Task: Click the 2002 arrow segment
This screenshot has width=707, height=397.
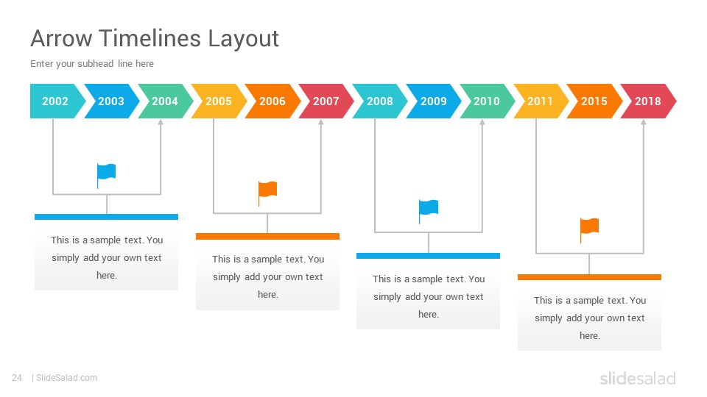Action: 55,101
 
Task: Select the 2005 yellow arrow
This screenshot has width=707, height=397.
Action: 219,101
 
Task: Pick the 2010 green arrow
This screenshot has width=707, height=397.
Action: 487,101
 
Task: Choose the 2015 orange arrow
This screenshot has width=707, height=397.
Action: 594,101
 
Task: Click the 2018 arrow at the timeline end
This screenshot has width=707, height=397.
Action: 648,101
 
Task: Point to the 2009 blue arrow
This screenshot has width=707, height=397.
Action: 433,101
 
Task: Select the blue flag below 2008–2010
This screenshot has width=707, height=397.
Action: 429,212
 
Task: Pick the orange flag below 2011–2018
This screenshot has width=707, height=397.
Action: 589,230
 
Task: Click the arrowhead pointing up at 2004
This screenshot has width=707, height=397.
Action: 161,122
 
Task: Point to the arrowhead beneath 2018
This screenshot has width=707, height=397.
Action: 644,122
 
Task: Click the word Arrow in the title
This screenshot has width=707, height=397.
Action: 61,38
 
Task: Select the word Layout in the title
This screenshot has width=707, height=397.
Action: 244,39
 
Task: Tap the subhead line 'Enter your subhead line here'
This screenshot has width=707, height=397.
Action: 92,63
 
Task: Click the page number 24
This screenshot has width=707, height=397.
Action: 17,378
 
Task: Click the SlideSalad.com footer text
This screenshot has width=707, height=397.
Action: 66,378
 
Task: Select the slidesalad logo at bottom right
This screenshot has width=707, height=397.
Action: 638,378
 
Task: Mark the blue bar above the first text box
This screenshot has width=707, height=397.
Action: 106,217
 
